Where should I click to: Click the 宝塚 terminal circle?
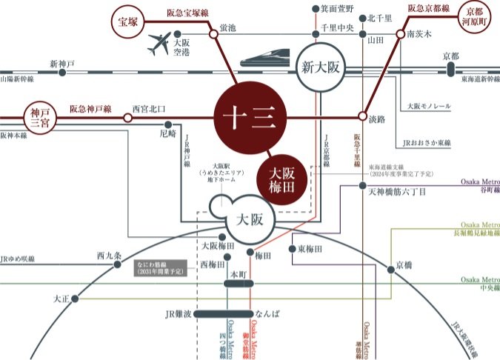click(126, 22)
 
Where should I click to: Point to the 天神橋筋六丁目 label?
click(397, 192)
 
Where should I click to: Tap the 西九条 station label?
click(108, 256)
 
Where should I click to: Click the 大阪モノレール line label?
click(428, 107)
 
